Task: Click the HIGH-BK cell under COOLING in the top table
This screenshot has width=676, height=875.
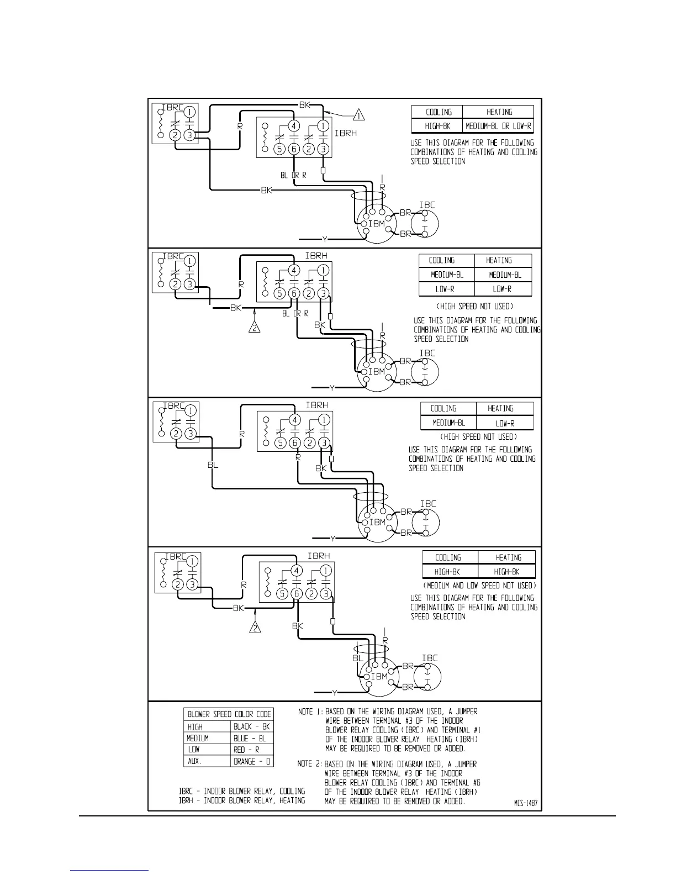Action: [437, 126]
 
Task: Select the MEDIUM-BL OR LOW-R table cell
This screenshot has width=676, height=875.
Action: [498, 126]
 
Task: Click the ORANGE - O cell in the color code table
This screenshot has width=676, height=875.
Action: [251, 761]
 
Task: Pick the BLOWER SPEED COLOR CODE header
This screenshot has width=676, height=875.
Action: [229, 714]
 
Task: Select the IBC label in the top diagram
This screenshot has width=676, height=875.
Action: [427, 205]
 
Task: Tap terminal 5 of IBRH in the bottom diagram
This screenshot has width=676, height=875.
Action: [282, 594]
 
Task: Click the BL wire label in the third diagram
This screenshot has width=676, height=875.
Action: [213, 465]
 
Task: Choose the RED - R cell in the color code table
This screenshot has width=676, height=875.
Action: [251, 750]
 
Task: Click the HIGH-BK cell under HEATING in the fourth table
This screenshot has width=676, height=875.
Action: [506, 572]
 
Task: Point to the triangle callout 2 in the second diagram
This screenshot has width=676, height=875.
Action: [254, 328]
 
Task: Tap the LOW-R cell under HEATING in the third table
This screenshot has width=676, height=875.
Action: [504, 423]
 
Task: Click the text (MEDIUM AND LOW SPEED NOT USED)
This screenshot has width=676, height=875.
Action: [479, 586]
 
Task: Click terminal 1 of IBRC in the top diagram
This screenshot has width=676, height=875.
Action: [189, 112]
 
